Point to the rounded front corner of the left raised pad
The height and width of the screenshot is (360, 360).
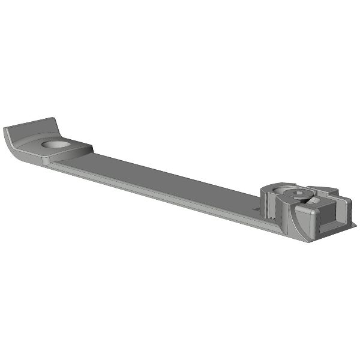pyautogui.click(x=46, y=161)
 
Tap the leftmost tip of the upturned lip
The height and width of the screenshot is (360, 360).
pyautogui.click(x=4, y=130)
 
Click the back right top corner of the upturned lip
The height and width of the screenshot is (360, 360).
pyautogui.click(x=58, y=119)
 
